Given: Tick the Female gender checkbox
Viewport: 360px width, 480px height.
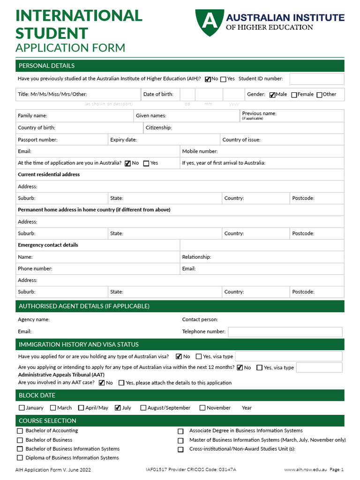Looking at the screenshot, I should pos(294,95).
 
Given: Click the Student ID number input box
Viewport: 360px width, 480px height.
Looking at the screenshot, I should pos(316,79).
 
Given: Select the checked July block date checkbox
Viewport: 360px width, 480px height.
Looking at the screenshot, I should pos(118,408).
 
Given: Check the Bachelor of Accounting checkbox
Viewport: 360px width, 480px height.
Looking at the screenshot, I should pos(20,431).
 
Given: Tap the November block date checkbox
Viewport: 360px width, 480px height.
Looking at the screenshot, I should pos(202,408).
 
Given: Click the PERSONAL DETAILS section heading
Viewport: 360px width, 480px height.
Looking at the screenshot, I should pos(46,66).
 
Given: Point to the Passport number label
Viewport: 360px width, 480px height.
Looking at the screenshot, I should pos(37,140).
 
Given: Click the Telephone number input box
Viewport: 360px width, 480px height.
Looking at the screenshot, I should pos(285,332).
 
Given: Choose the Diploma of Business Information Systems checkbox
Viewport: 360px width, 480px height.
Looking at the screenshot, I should pos(20,458).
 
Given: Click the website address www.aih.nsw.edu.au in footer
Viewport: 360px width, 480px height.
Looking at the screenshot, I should pos(305,470).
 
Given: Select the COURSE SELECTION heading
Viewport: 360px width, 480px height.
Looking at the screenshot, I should pos(47,420).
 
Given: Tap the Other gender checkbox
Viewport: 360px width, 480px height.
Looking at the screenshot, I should pos(319,95).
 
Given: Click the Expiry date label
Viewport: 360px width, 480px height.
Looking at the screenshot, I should pos(123,140).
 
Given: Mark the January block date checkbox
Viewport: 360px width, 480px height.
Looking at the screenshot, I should pos(22,408).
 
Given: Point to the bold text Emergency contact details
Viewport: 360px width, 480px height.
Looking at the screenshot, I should pos(48,245).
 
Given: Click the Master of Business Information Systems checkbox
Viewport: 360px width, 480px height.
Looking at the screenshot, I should pos(180,441).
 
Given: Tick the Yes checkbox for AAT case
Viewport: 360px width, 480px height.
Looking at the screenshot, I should pos(121,383).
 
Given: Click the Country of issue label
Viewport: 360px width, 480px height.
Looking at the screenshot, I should pos(241,140).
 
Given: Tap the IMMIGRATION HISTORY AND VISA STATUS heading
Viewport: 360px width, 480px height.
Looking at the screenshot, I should pos(79,345).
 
